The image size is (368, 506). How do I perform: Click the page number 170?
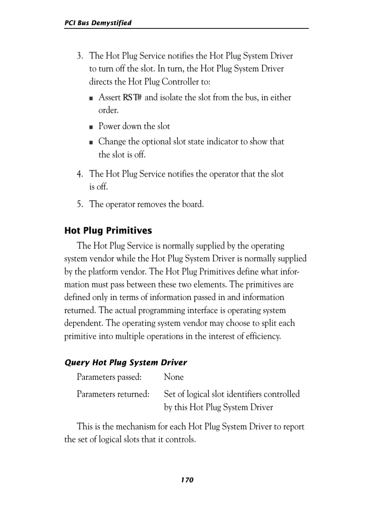tap(187, 480)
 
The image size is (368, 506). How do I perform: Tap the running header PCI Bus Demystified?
tap(98, 23)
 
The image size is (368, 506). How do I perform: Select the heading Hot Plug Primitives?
tap(108, 231)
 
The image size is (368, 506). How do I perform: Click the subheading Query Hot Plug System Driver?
tap(126, 362)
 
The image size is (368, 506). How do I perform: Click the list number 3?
tap(79, 56)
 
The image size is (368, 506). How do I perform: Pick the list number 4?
tap(79, 174)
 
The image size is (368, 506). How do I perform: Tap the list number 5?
tap(79, 204)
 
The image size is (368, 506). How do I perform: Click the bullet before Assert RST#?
tap(91, 98)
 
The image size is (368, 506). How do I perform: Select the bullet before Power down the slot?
tap(91, 127)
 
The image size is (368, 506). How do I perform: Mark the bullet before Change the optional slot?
tap(91, 142)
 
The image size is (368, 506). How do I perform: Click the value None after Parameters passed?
tap(174, 377)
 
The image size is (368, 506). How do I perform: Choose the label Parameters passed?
tap(109, 377)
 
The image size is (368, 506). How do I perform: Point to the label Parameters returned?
tap(113, 394)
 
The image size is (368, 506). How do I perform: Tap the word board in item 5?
tap(193, 204)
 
